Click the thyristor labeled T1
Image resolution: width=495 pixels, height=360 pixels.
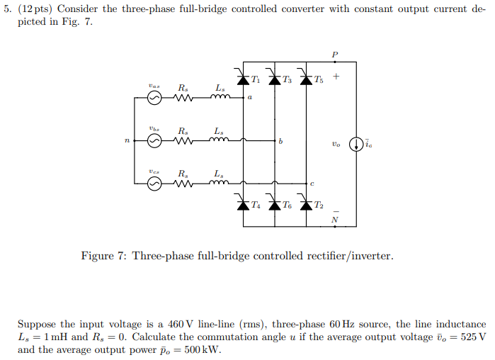pos(243,79)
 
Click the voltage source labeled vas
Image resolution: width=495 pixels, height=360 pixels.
pos(154,99)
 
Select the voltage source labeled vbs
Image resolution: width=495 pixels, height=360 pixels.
pos(154,142)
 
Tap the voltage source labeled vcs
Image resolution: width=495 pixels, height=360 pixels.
pos(154,184)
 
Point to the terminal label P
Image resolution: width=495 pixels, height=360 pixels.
pos(335,55)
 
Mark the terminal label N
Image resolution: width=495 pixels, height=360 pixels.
pos(335,220)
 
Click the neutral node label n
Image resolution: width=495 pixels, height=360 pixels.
pos(127,142)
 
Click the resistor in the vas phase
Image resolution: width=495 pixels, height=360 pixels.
pos(183,99)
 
